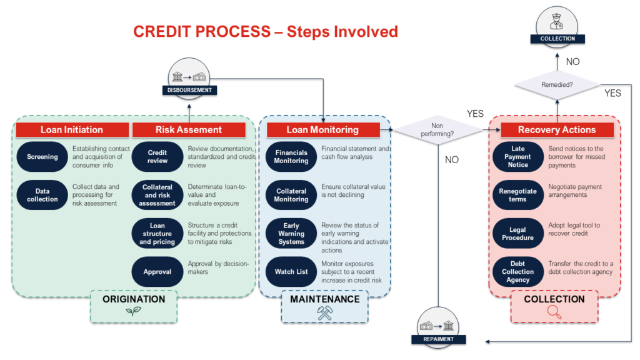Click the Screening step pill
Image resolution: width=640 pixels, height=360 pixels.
pos(42,157)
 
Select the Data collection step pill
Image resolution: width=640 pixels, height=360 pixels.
pos(42,195)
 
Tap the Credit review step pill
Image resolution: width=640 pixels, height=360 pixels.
pos(157,157)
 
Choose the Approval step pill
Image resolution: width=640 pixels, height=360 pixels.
pos(157,272)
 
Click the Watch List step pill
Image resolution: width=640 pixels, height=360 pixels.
pos(291,272)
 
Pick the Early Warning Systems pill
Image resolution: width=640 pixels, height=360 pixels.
pos(291,234)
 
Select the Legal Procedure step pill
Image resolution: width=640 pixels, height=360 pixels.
pos(517,234)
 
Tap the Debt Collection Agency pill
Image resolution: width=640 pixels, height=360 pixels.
pos(517,272)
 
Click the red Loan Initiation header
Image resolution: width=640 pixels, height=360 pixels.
pos(72,130)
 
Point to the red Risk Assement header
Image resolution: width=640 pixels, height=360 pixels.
pos(188,130)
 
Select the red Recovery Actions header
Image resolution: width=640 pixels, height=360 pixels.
pos(556,130)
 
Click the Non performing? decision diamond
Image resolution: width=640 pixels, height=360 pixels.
pos(437,130)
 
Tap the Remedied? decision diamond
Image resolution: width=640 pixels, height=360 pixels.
pos(556,84)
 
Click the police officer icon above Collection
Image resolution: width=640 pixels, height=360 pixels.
pos(556,23)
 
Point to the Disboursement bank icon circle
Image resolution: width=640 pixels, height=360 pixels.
pos(189,76)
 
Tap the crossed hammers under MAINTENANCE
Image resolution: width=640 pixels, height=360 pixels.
pos(325,313)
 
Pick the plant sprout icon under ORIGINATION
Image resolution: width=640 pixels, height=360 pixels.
pos(129,312)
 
